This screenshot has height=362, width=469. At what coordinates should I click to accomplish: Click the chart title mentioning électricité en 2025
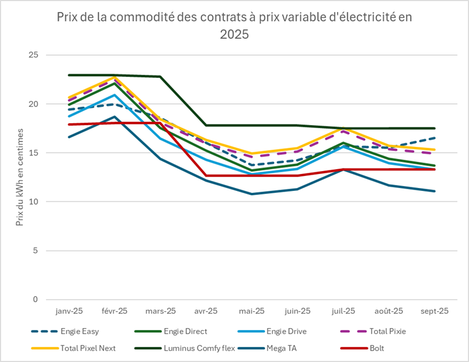coord(234,25)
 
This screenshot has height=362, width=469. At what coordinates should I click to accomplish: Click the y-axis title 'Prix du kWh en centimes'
coord(19,177)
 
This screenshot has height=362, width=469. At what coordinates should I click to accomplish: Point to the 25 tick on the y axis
coord(33,55)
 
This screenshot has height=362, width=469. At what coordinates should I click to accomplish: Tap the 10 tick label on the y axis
coord(33,201)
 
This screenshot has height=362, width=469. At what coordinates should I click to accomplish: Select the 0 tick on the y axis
coord(36,299)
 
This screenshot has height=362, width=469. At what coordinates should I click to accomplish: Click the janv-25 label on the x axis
coord(68,311)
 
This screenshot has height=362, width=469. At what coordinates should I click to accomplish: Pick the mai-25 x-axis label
coord(251,311)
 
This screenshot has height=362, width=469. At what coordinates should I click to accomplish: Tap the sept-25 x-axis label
coord(434,311)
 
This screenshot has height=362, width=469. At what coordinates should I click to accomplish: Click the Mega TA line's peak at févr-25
coord(114,117)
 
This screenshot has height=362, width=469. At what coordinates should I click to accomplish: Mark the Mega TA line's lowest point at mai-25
coord(251,194)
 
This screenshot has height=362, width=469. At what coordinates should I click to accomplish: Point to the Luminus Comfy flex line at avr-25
coord(206,125)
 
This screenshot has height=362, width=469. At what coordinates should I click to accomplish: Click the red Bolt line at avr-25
coord(206,175)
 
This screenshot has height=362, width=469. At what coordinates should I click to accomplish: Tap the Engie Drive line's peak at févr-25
coord(114,95)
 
